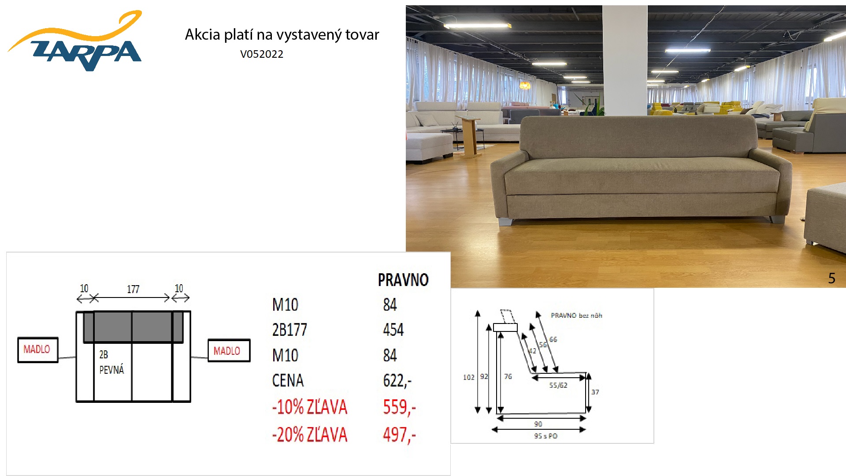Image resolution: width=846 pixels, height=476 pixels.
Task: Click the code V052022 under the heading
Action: point(262,54)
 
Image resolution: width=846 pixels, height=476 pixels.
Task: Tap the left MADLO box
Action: point(37,350)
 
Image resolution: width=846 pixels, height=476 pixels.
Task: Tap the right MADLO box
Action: point(229,351)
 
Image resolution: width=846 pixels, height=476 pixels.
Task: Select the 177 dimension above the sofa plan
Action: point(133,289)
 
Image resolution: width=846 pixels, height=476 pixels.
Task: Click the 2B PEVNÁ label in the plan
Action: point(111,362)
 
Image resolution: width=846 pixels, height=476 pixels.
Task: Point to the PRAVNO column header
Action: point(403,280)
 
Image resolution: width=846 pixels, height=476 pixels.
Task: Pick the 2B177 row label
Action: point(289,330)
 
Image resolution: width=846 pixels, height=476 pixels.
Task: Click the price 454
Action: point(393,330)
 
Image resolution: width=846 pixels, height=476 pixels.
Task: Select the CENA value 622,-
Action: point(397,380)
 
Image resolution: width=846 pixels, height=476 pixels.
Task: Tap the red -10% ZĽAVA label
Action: point(310,407)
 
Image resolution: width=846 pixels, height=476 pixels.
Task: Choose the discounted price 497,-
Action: point(399,435)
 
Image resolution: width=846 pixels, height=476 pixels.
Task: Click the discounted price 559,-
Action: point(399,407)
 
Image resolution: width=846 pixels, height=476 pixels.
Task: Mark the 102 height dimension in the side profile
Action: point(468,377)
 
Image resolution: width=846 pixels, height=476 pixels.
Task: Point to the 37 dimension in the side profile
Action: point(595,392)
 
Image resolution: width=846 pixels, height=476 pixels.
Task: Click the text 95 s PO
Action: point(545,436)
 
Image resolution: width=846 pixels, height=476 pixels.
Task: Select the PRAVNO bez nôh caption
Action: point(576,316)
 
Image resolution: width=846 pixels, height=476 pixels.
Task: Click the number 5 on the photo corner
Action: point(831,278)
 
